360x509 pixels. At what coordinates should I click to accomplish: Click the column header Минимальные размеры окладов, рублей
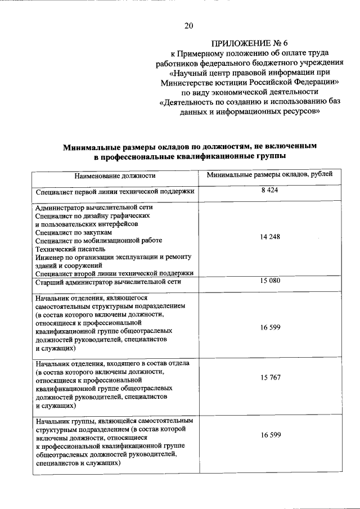(269, 175)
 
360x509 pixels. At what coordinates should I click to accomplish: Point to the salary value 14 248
(269, 237)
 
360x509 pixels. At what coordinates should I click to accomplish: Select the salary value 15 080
(269, 281)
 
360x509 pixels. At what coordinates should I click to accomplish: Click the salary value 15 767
(269, 377)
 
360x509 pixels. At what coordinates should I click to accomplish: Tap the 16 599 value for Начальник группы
(269, 435)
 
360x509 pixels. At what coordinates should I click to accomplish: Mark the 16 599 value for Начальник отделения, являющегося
(269, 327)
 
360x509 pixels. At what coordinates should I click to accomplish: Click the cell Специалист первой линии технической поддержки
(115, 192)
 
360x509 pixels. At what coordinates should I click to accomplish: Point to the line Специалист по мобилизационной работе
(98, 240)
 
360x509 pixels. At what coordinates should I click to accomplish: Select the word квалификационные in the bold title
(205, 155)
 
